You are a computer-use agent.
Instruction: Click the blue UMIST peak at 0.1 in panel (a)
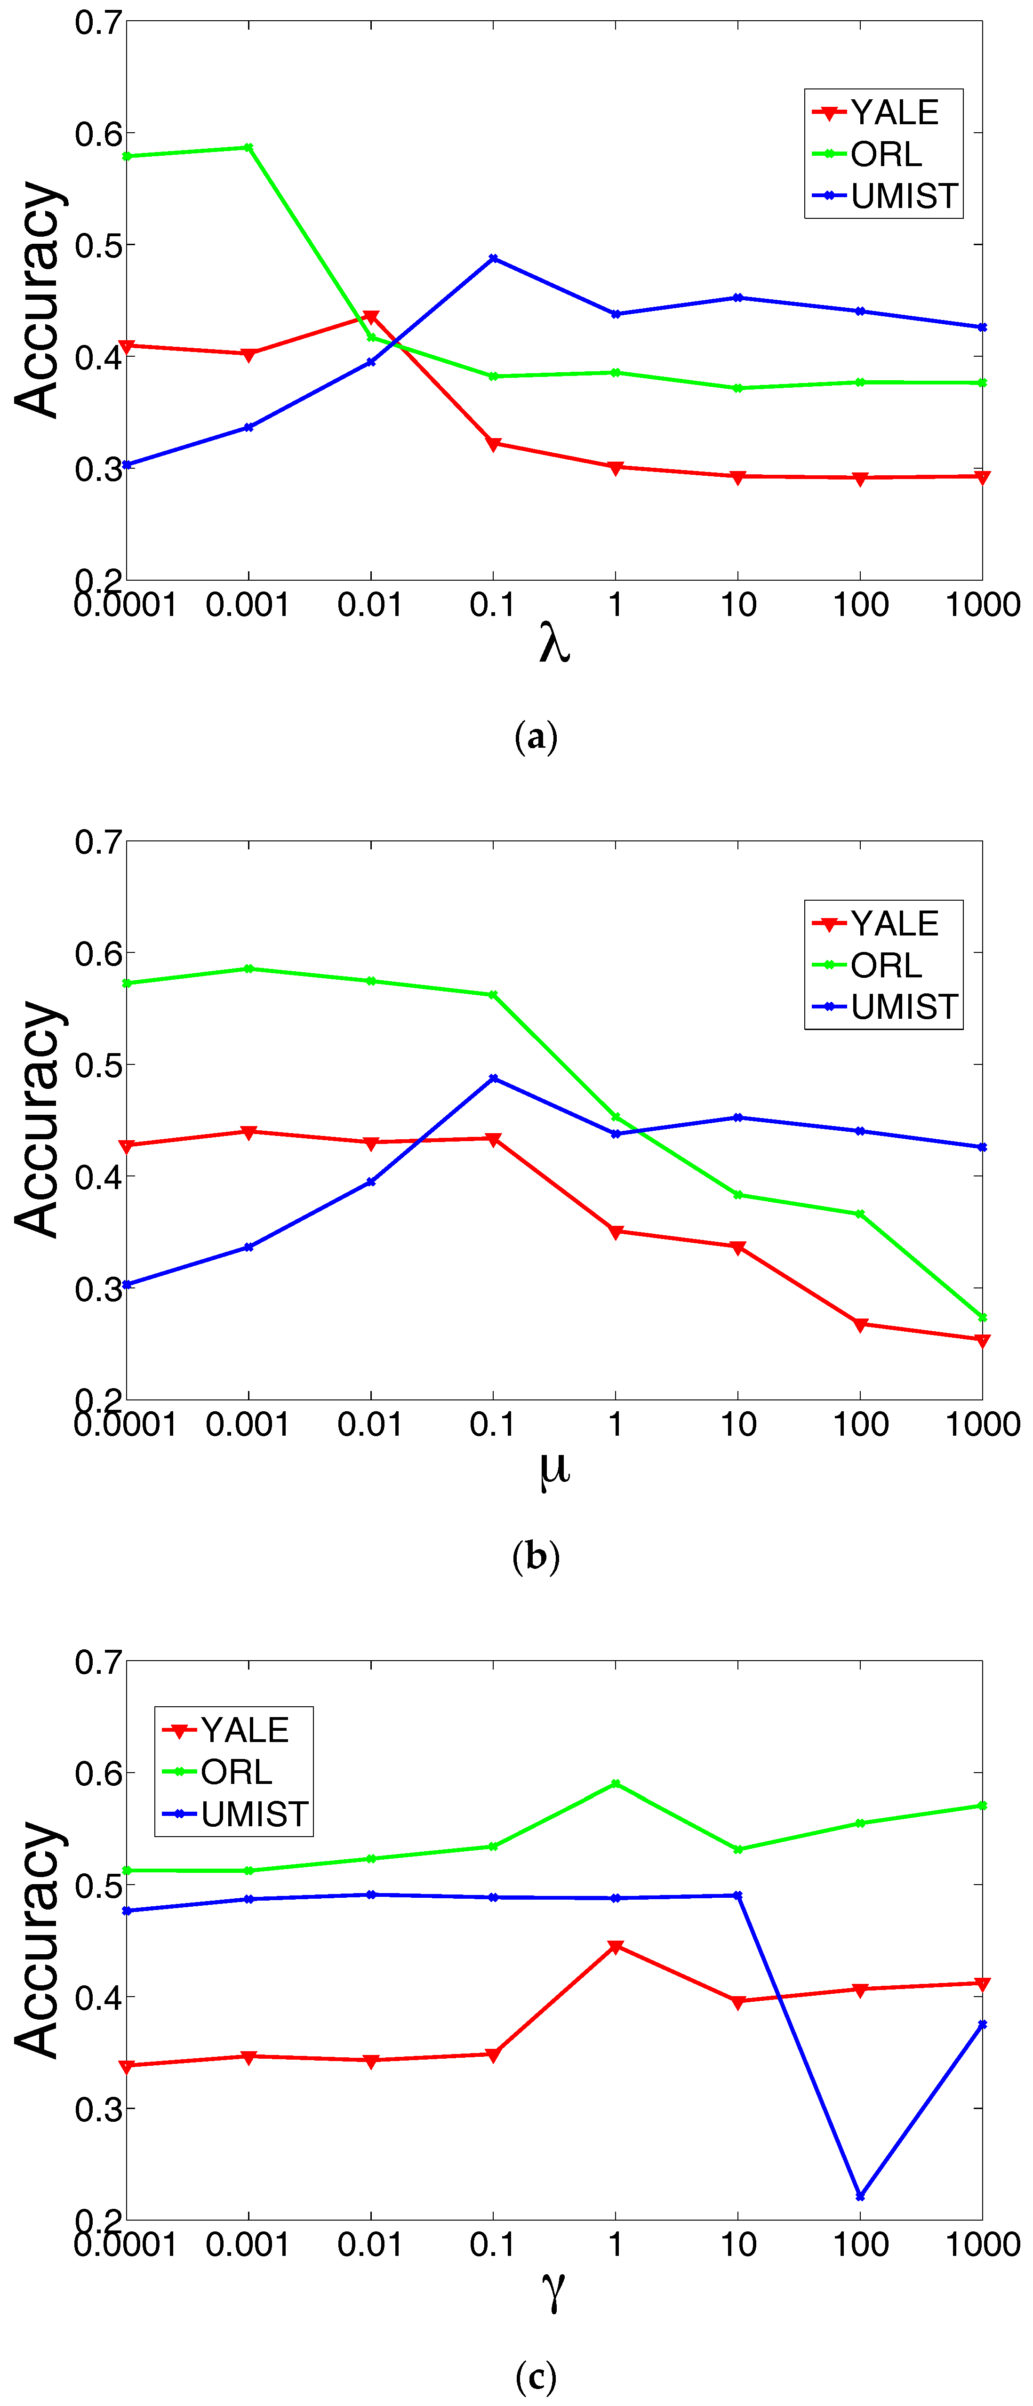(x=493, y=259)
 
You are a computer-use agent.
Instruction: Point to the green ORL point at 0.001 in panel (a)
(x=248, y=148)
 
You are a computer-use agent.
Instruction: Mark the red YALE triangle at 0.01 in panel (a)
(x=371, y=318)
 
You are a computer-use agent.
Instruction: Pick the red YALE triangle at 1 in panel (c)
(x=616, y=1946)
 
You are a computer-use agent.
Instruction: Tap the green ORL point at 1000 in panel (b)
(x=982, y=1317)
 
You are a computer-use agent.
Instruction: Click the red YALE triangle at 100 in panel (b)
(x=860, y=1324)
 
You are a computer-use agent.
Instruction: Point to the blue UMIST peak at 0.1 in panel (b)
(x=493, y=1079)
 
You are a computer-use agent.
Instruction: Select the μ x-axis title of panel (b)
(x=554, y=1466)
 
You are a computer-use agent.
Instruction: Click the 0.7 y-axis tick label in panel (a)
(x=98, y=23)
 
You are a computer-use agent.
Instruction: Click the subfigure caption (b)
(x=536, y=1556)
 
